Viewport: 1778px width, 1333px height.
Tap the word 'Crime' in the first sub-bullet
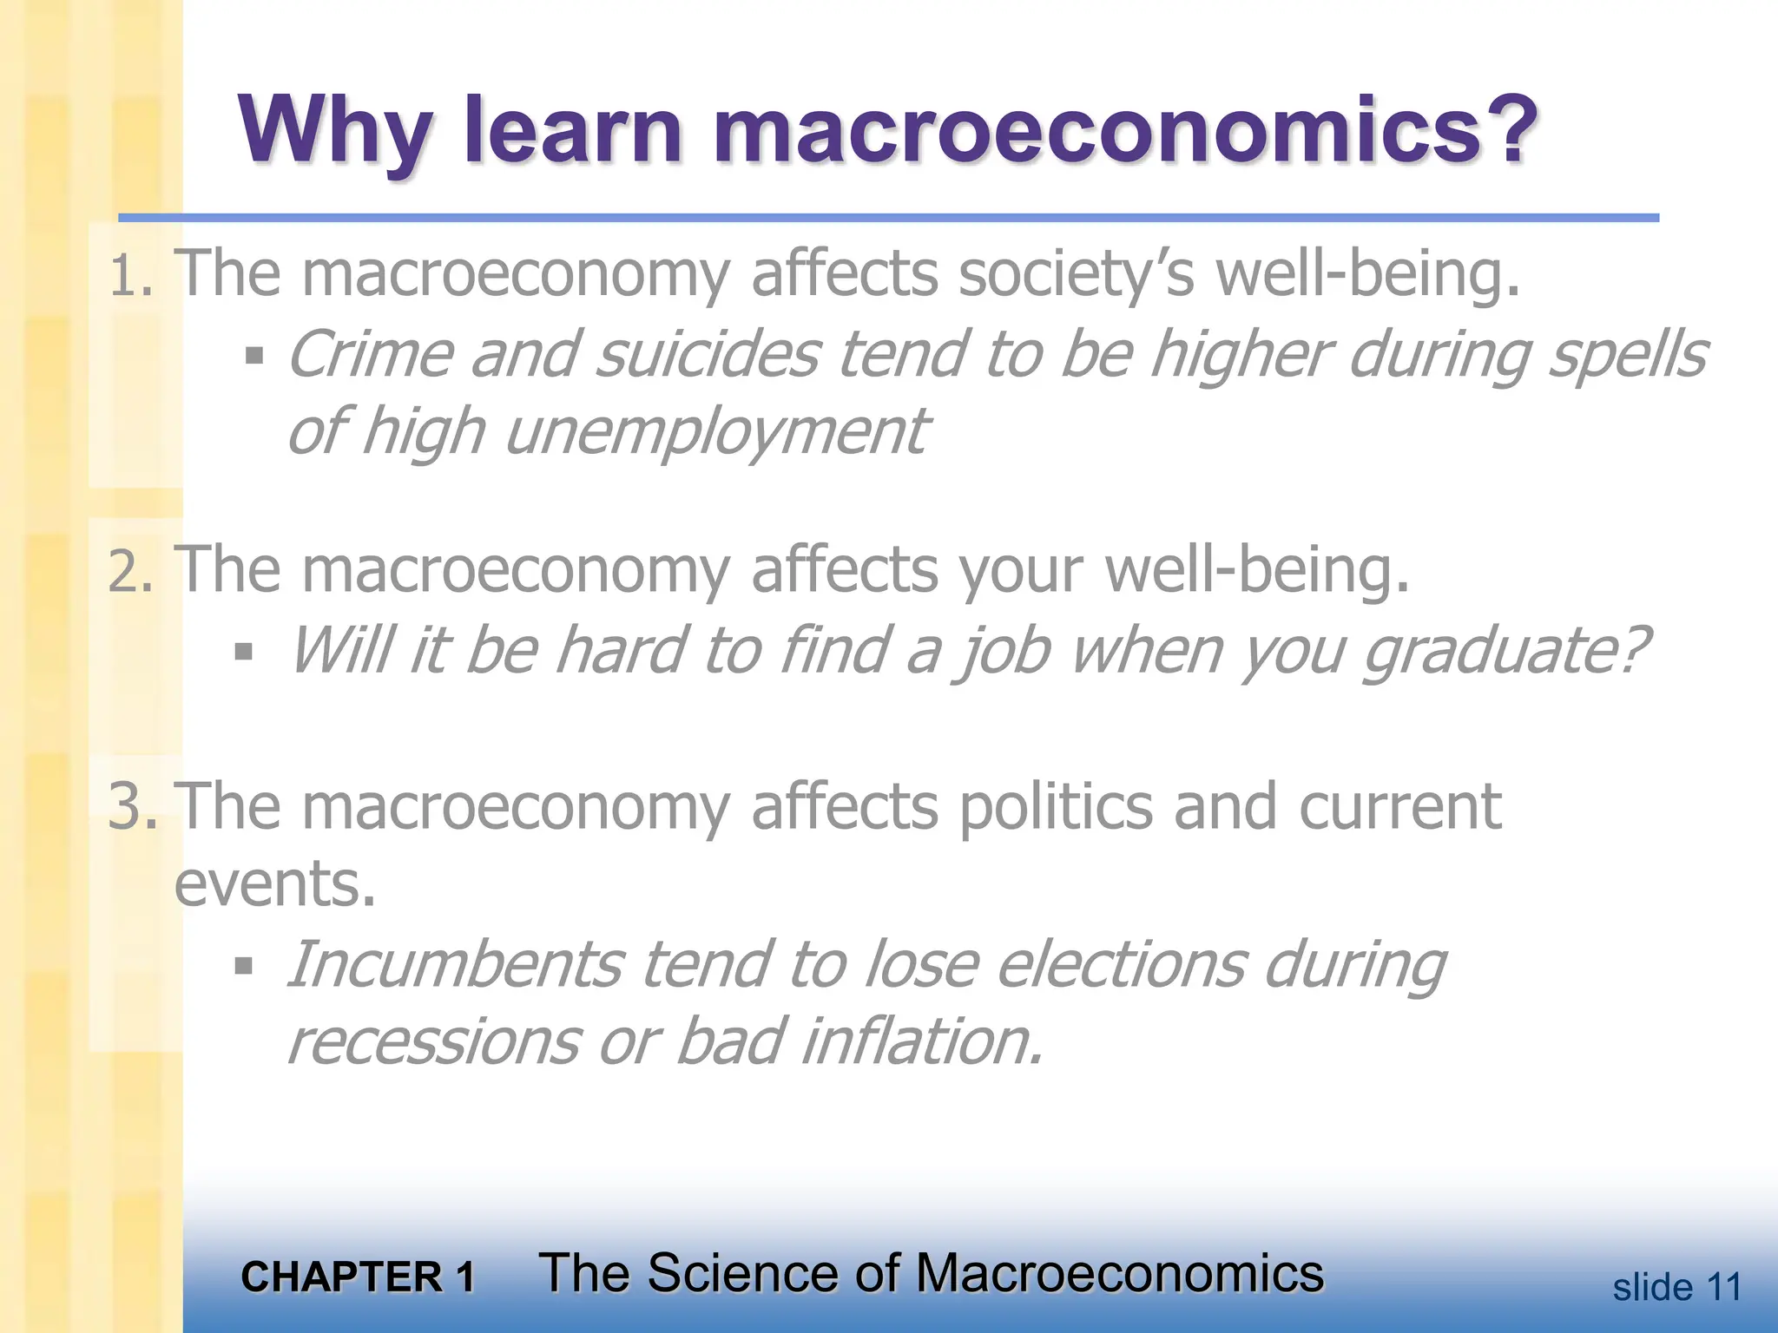pos(370,356)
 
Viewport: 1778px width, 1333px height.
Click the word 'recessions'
pos(432,1042)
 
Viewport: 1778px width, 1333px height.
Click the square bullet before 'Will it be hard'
pos(243,651)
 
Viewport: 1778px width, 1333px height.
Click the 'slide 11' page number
pos(1676,1287)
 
